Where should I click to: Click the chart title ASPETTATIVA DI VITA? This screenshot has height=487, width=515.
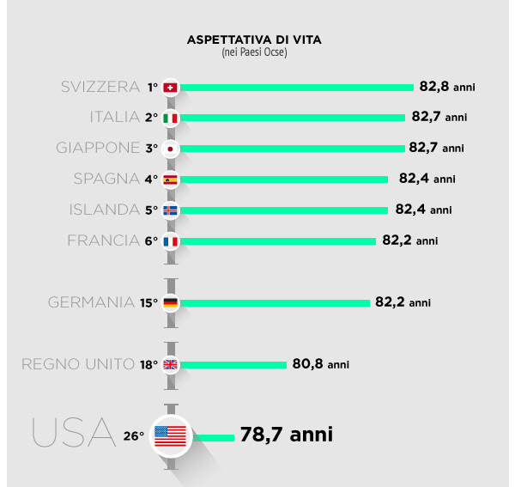pyautogui.click(x=254, y=40)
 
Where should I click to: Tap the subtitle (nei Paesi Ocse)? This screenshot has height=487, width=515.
pyautogui.click(x=254, y=53)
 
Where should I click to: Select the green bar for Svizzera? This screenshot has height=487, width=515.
pyautogui.click(x=297, y=87)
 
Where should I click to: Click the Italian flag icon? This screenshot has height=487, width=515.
pyautogui.click(x=170, y=118)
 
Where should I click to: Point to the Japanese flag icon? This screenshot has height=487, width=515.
pyautogui.click(x=170, y=148)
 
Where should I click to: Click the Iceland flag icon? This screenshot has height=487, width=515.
pyautogui.click(x=170, y=210)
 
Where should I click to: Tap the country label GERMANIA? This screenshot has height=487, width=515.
pyautogui.click(x=92, y=302)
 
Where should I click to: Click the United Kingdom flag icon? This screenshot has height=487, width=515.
pyautogui.click(x=170, y=364)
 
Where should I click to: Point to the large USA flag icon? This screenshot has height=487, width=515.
pyautogui.click(x=170, y=435)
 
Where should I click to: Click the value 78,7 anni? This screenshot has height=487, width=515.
pyautogui.click(x=286, y=435)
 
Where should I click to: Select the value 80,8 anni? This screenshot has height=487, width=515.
pyautogui.click(x=320, y=364)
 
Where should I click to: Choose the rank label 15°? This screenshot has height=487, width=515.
pyautogui.click(x=148, y=303)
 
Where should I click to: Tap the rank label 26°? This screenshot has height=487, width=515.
pyautogui.click(x=133, y=436)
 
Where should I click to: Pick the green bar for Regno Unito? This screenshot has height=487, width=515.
pyautogui.click(x=233, y=364)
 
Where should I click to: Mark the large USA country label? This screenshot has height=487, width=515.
pyautogui.click(x=73, y=433)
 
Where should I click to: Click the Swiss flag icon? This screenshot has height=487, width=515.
pyautogui.click(x=170, y=87)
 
